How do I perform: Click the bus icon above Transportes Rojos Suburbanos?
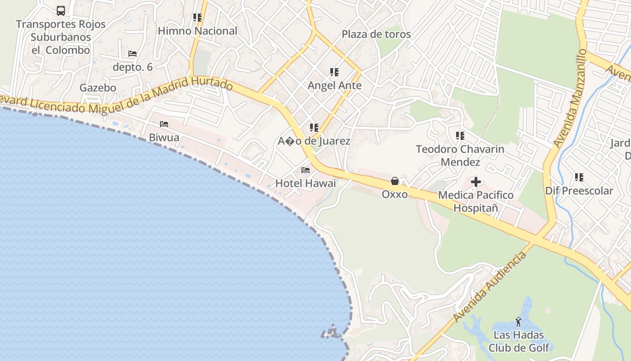[61, 11]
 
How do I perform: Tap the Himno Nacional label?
[197, 31]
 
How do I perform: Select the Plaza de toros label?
[376, 34]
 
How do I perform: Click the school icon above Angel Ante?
[334, 72]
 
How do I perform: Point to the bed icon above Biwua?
[164, 124]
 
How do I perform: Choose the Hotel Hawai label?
[306, 183]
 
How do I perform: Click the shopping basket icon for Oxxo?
[395, 181]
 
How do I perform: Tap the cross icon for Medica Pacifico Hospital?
[476, 182]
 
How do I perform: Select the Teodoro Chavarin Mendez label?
[460, 155]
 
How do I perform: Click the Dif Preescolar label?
[579, 191]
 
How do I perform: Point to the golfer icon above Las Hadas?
[518, 322]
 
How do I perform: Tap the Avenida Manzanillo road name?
[570, 98]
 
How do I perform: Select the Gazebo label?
[98, 88]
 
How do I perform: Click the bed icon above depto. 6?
[133, 54]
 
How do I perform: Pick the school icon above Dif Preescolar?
[579, 177]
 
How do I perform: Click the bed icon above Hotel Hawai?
[306, 170]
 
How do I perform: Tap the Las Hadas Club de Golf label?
[519, 341]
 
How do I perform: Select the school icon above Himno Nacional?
[197, 18]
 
